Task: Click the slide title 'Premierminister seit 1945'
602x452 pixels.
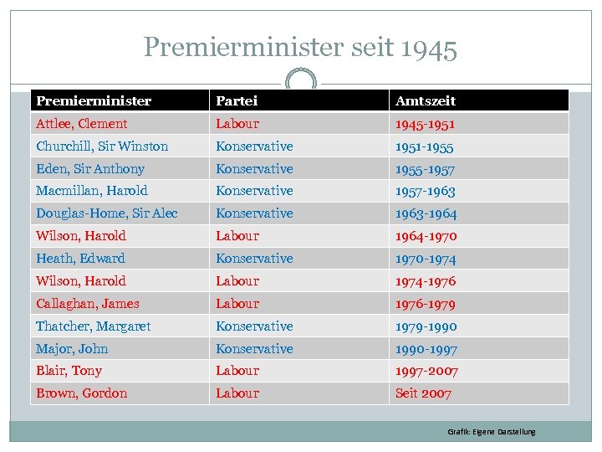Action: pyautogui.click(x=300, y=48)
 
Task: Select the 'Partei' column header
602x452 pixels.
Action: pyautogui.click(x=237, y=100)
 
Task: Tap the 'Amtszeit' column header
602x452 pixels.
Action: pyautogui.click(x=426, y=100)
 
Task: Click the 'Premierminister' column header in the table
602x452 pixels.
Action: pyautogui.click(x=94, y=100)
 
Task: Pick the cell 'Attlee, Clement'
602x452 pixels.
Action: pyautogui.click(x=82, y=124)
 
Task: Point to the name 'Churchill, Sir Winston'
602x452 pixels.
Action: pyautogui.click(x=102, y=146)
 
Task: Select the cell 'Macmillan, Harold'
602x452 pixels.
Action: pyautogui.click(x=92, y=191)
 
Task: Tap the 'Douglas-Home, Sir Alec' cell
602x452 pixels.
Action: pyautogui.click(x=107, y=213)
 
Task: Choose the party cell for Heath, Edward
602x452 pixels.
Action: pyautogui.click(x=254, y=259)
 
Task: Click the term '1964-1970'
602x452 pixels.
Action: pyautogui.click(x=426, y=236)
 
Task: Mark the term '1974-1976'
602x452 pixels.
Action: pyautogui.click(x=426, y=281)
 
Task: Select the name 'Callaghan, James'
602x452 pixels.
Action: pyautogui.click(x=88, y=304)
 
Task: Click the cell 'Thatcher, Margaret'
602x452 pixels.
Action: pyautogui.click(x=94, y=326)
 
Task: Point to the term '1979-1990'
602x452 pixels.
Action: pyautogui.click(x=426, y=326)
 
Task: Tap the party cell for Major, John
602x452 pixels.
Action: pyautogui.click(x=254, y=349)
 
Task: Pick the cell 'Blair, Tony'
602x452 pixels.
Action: pyautogui.click(x=69, y=371)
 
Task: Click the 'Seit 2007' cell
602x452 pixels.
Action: pyautogui.click(x=423, y=393)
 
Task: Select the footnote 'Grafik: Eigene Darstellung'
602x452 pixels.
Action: pyautogui.click(x=492, y=432)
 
